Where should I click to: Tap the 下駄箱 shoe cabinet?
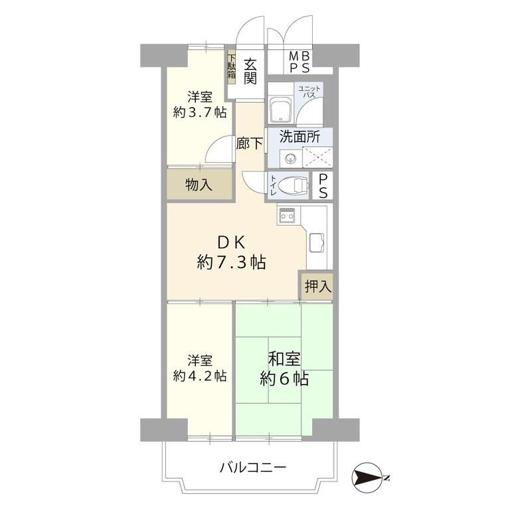pyautogui.click(x=231, y=68)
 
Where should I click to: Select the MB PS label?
pyautogui.click(x=299, y=62)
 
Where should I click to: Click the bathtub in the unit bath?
pyautogui.click(x=280, y=111)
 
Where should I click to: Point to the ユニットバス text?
pyautogui.click(x=309, y=92)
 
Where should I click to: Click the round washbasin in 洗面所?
pyautogui.click(x=290, y=159)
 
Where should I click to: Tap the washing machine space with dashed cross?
pyautogui.click(x=317, y=157)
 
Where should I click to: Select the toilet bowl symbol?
pyautogui.click(x=294, y=185)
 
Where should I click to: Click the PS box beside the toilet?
pyautogui.click(x=323, y=185)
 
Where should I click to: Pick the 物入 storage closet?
pyautogui.click(x=199, y=185)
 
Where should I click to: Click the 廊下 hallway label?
pyautogui.click(x=250, y=143)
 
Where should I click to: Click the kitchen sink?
pyautogui.click(x=317, y=242)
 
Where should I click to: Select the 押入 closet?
pyautogui.click(x=317, y=286)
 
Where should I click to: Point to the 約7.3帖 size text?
pyautogui.click(x=231, y=262)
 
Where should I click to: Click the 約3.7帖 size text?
pyautogui.click(x=200, y=112)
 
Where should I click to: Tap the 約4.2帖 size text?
pyautogui.click(x=200, y=377)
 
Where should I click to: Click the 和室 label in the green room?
pyautogui.click(x=284, y=359)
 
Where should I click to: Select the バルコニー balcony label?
pyautogui.click(x=253, y=467)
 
